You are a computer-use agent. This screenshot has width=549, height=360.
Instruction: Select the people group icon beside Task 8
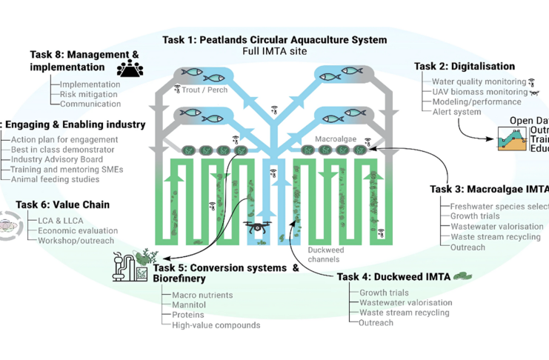pyautogui.click(x=130, y=70)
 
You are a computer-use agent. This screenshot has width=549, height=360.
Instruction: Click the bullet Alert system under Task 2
pyautogui.click(x=456, y=113)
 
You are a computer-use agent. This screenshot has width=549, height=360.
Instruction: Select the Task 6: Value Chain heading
pyautogui.click(x=62, y=204)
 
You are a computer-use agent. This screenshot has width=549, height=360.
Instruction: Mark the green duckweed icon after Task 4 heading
pyautogui.click(x=464, y=276)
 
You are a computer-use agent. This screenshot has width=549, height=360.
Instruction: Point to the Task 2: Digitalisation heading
pyautogui.click(x=461, y=67)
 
